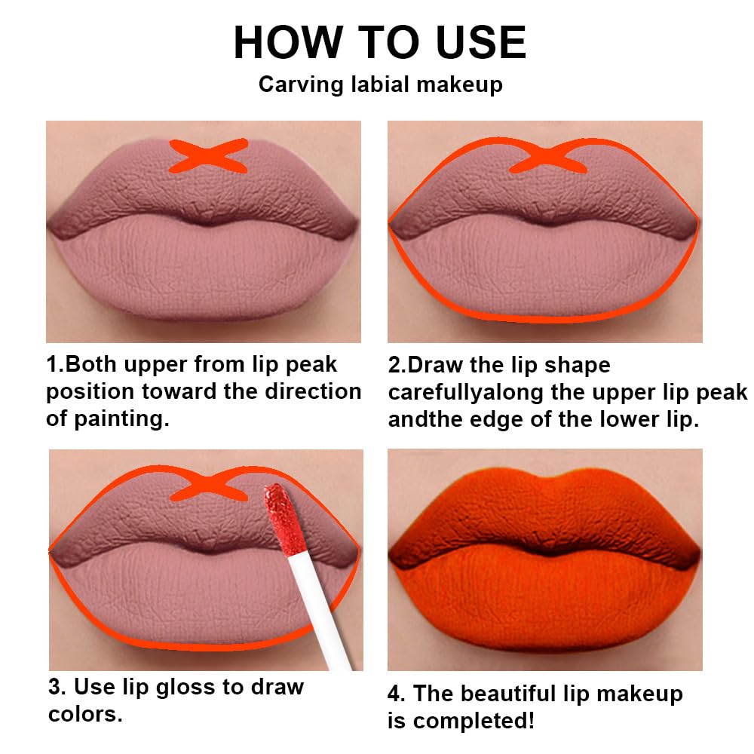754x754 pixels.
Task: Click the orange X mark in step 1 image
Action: pos(208,156)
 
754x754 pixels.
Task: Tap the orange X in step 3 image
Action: pos(209,486)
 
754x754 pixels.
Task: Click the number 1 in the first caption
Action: pos(53,365)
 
